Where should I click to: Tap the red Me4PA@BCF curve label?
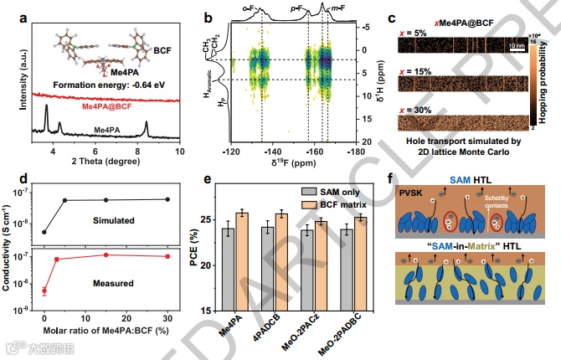[110, 107]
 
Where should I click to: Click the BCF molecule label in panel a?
[162, 51]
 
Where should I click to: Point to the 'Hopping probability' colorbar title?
[545, 85]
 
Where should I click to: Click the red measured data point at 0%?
[44, 291]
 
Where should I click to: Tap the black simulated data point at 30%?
[168, 199]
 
